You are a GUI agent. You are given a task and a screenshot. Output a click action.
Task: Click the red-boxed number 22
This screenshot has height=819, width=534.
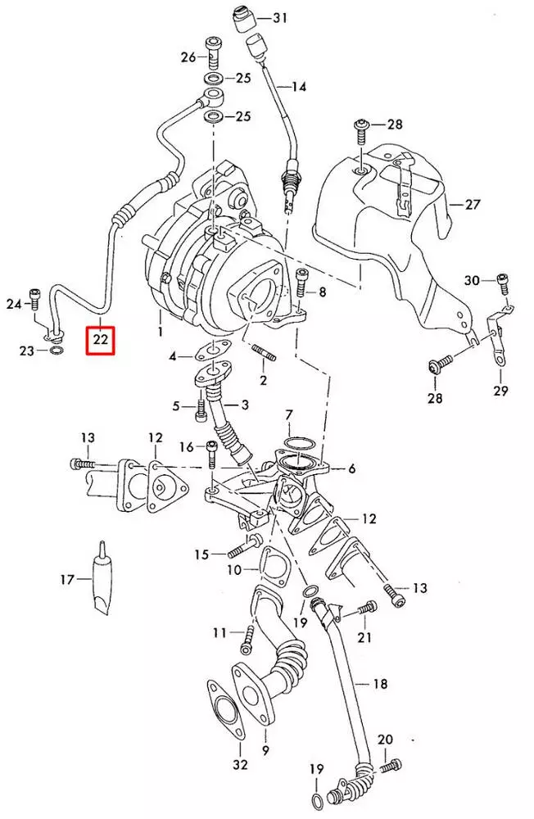pyautogui.click(x=102, y=337)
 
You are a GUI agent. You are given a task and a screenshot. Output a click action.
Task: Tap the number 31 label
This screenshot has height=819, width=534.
pyautogui.click(x=281, y=17)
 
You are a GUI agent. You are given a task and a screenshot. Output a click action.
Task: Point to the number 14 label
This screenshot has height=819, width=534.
pyautogui.click(x=297, y=86)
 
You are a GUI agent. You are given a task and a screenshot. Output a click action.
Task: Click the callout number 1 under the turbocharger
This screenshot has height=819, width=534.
pyautogui.click(x=161, y=332)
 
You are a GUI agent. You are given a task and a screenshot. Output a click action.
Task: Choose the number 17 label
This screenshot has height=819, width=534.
pyautogui.click(x=68, y=579)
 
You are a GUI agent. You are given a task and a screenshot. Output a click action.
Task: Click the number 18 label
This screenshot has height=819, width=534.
pyautogui.click(x=380, y=683)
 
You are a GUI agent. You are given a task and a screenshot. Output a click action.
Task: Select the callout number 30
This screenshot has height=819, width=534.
pyautogui.click(x=473, y=280)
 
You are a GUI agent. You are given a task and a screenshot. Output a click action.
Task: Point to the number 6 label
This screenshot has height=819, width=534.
pyautogui.click(x=351, y=468)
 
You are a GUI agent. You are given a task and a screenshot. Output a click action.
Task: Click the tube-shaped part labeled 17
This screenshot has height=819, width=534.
pyautogui.click(x=101, y=577)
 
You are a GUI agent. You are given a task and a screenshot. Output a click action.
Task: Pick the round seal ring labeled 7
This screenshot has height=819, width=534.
pyautogui.click(x=297, y=445)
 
